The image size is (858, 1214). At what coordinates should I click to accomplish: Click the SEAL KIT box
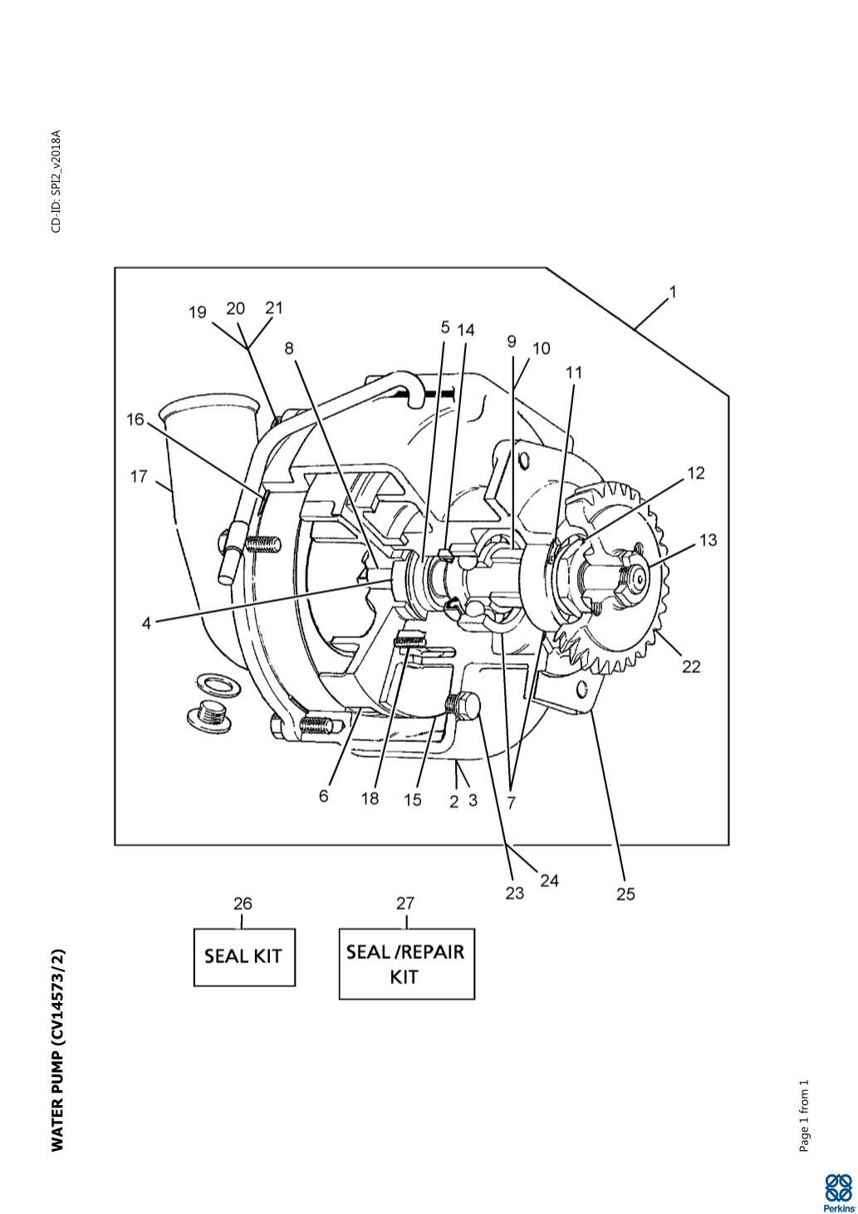[x=244, y=956]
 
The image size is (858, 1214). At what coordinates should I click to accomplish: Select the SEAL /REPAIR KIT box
[x=406, y=963]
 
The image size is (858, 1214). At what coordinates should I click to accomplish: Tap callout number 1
[x=673, y=292]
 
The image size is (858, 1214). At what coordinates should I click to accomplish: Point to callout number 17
[x=139, y=477]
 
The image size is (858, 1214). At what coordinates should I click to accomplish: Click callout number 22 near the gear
[x=691, y=666]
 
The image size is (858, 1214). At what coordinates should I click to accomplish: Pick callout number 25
[x=625, y=893]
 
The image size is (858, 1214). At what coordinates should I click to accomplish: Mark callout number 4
[x=146, y=622]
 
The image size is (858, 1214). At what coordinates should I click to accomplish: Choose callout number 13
[x=708, y=540]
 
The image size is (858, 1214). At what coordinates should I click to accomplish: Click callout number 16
[x=135, y=420]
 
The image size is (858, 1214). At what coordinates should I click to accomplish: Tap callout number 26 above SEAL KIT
[x=243, y=903]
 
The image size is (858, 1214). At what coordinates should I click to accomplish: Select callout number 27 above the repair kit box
[x=405, y=903]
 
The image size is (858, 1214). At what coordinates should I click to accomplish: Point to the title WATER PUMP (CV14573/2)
[x=57, y=1050]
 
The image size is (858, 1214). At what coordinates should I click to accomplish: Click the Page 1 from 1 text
[x=804, y=1116]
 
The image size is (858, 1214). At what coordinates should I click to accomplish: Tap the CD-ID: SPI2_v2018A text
[x=56, y=181]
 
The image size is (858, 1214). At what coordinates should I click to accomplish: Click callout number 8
[x=289, y=348]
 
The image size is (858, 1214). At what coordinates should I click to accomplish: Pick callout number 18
[x=370, y=799]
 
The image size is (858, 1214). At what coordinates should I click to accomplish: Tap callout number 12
[x=696, y=474]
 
